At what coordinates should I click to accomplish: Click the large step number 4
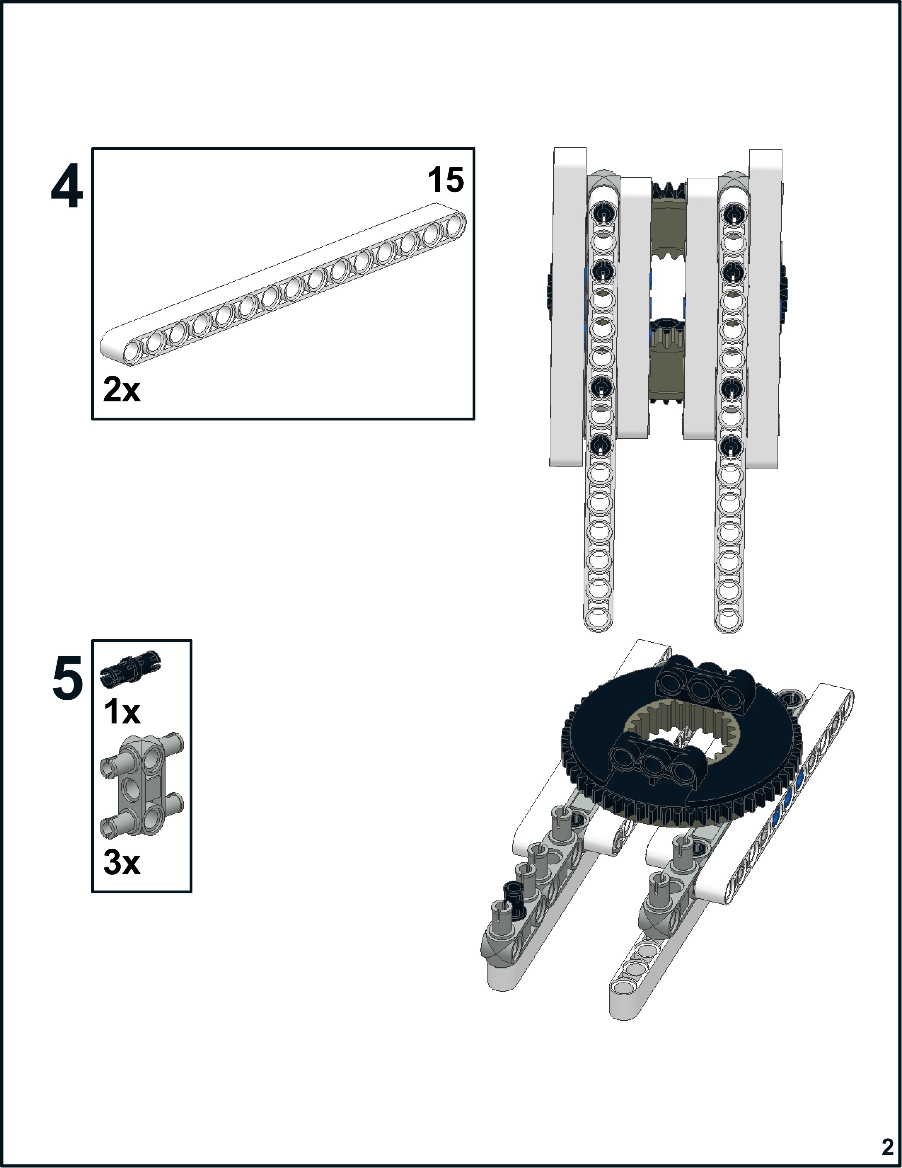tap(67, 187)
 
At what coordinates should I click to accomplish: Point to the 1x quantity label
tap(122, 712)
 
